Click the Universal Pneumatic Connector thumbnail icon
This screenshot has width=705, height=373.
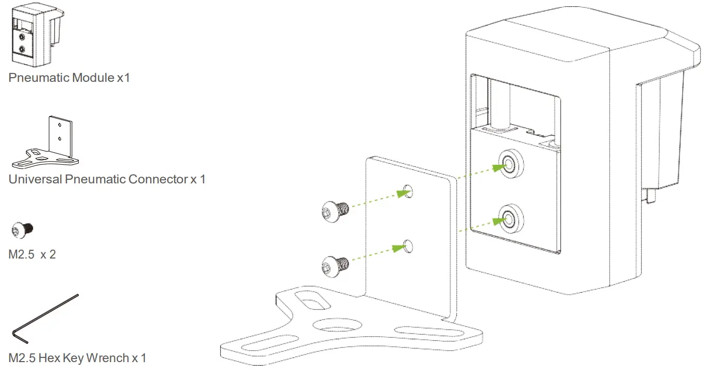pyautogui.click(x=47, y=142)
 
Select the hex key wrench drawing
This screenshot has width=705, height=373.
pyautogui.click(x=44, y=318)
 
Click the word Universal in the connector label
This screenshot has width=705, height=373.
pyautogui.click(x=35, y=179)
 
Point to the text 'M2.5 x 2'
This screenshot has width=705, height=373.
pyautogui.click(x=32, y=255)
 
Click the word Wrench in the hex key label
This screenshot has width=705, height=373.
pyautogui.click(x=108, y=357)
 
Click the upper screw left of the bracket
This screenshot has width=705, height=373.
pyautogui.click(x=334, y=210)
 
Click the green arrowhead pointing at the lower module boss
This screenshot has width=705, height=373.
pyautogui.click(x=498, y=221)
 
